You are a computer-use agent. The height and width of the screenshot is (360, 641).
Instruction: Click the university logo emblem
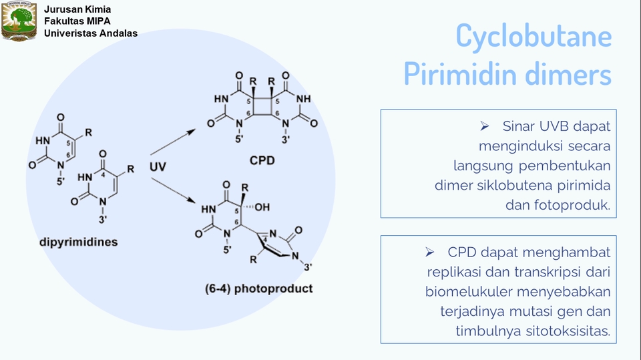(19, 21)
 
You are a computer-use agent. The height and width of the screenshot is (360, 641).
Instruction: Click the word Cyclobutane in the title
(533, 36)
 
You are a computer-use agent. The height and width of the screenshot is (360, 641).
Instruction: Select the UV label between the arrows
(158, 167)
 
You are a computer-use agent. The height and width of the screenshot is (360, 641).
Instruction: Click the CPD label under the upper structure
(262, 160)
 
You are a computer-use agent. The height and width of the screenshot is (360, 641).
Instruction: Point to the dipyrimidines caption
(79, 242)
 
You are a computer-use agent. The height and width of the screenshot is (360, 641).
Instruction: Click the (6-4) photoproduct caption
(259, 289)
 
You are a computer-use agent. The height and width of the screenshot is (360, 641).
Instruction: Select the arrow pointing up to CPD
(173, 142)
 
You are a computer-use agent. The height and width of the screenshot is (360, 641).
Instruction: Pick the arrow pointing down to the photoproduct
(173, 190)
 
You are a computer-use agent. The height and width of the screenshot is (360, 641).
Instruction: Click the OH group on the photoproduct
(262, 208)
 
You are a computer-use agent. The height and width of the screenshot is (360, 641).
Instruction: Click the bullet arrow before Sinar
(485, 126)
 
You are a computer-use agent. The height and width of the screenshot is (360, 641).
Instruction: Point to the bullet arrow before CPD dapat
(429, 252)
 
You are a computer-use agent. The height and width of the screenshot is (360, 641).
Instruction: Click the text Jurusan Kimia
(77, 9)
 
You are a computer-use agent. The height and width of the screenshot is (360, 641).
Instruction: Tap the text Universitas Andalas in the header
(91, 33)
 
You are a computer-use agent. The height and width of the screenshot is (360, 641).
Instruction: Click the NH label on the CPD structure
(304, 99)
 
